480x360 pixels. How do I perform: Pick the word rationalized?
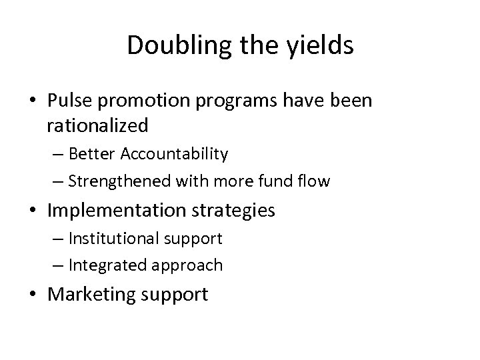click(97, 125)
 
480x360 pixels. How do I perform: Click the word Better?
click(93, 155)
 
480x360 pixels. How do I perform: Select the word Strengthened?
click(113, 181)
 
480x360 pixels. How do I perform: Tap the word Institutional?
click(111, 238)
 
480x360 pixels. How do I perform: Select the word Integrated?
click(103, 265)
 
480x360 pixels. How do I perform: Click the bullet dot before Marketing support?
click(37, 294)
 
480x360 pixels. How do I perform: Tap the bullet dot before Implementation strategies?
click(37, 211)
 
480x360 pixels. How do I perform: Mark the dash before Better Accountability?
click(59, 155)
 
